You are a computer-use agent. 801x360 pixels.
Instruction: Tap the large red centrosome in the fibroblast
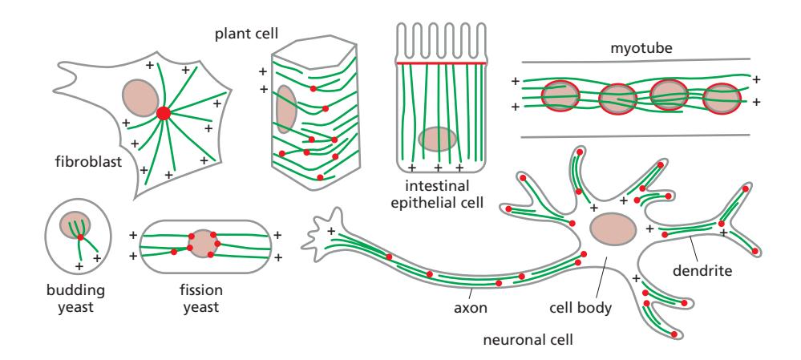coord(164,114)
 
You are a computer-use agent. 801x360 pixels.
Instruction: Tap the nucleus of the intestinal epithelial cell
coord(439,140)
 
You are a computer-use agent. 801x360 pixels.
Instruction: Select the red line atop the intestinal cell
coord(442,62)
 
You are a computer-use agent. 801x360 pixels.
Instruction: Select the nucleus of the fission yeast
coord(203,243)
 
